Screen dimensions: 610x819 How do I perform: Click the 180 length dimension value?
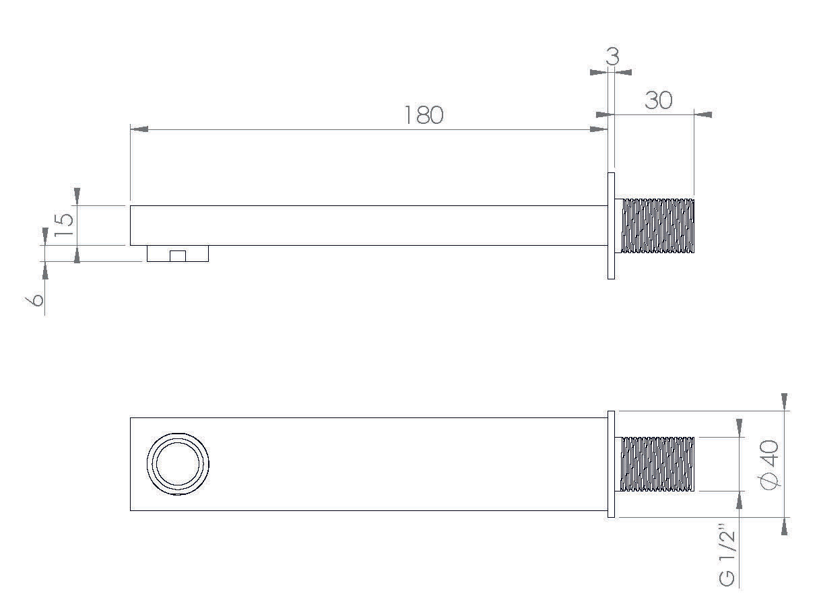click(424, 115)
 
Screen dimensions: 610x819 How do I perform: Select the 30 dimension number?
click(658, 100)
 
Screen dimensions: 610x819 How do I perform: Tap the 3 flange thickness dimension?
click(612, 57)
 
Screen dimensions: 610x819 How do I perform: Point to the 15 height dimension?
click(65, 224)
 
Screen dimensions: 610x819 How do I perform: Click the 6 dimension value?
click(38, 298)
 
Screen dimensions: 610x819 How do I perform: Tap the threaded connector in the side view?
click(657, 226)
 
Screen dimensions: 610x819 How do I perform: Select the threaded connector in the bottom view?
click(657, 464)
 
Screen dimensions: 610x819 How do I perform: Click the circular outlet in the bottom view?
click(178, 464)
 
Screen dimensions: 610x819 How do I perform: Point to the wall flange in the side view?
click(611, 226)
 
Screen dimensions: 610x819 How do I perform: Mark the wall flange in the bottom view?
click(611, 464)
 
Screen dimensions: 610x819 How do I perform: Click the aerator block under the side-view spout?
click(178, 254)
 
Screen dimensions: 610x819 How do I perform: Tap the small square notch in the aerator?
click(178, 256)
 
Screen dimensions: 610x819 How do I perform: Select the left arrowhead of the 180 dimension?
click(139, 129)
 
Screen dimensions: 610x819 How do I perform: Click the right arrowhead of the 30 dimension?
click(702, 114)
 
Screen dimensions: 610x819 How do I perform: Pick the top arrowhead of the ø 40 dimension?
click(784, 401)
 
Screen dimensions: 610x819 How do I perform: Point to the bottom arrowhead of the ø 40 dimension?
click(784, 527)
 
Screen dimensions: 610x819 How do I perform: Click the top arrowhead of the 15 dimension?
click(77, 196)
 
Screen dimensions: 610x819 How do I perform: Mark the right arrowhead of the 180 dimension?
click(599, 129)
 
